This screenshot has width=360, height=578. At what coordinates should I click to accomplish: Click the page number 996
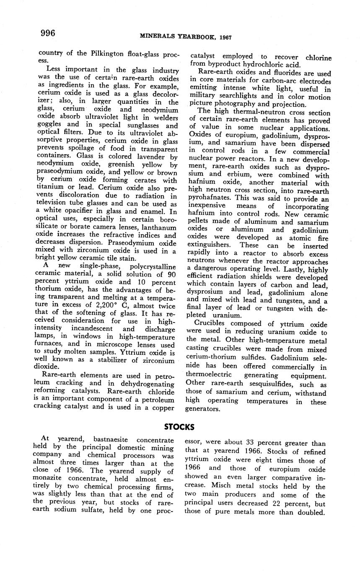click(x=48, y=33)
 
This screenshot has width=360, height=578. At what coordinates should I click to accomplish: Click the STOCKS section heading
click(x=179, y=427)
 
